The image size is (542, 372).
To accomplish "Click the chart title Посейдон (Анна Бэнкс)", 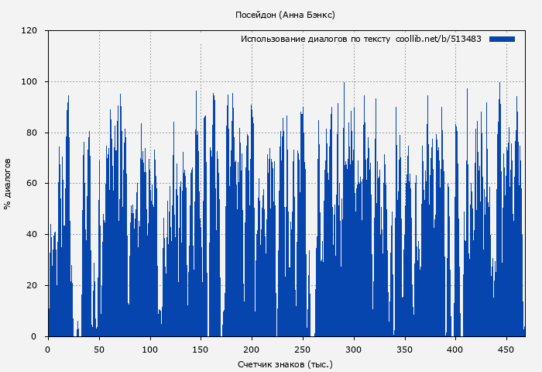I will click(x=285, y=15).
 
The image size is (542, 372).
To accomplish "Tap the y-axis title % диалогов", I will click(x=8, y=184).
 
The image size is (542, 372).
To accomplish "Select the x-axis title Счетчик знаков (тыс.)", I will click(x=285, y=364).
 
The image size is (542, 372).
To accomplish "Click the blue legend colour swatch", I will click(x=502, y=39).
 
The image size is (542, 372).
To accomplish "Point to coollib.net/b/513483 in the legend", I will click(x=438, y=39).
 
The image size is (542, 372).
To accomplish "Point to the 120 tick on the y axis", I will click(x=29, y=31).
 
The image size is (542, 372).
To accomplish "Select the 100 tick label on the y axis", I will click(x=29, y=82).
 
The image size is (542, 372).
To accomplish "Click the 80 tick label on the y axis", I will click(x=32, y=133).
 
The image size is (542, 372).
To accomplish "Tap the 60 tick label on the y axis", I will click(x=32, y=184).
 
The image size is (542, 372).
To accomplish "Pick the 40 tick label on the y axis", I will click(x=32, y=235).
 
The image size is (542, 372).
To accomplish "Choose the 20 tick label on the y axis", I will click(x=32, y=285).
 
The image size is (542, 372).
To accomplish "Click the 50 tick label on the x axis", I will click(x=99, y=349).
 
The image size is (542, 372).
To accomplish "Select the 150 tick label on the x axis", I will click(x=201, y=349).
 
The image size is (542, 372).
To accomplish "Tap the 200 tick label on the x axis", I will click(x=252, y=349).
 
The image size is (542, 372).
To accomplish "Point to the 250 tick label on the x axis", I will click(x=304, y=349).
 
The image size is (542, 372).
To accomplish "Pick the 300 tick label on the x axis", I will click(x=354, y=349).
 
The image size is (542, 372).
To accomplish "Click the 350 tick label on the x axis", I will click(x=405, y=349).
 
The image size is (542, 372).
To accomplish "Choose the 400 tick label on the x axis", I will click(x=456, y=349).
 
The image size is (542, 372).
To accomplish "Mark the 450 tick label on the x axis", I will click(x=507, y=349).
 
